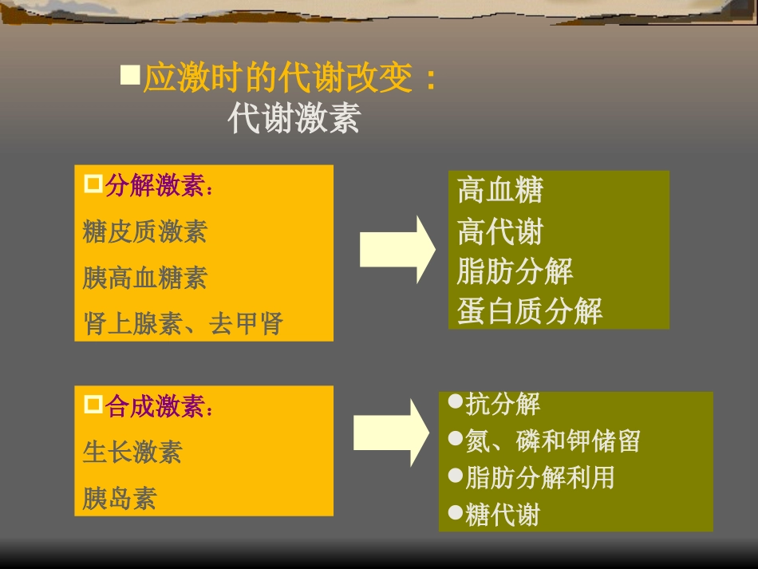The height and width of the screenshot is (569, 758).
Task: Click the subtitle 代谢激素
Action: (294, 119)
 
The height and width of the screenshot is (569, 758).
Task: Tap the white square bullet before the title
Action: (129, 76)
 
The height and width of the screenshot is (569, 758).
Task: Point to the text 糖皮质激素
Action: (145, 231)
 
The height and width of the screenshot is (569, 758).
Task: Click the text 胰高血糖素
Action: (145, 278)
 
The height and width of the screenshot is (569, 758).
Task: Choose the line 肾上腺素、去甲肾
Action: (184, 323)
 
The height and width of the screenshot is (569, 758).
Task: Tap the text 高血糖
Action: (500, 191)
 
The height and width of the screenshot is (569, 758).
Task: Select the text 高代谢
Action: (500, 232)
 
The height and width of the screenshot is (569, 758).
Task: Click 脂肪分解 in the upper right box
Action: (515, 271)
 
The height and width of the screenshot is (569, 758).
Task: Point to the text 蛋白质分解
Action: (530, 311)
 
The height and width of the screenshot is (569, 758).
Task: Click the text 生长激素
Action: (132, 452)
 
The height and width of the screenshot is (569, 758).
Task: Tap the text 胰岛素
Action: (120, 498)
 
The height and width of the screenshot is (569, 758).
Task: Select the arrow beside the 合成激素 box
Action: (391, 433)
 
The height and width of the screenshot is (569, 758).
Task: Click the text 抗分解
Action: (503, 404)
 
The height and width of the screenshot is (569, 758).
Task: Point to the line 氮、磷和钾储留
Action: (553, 441)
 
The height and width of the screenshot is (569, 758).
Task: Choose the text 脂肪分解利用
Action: (540, 477)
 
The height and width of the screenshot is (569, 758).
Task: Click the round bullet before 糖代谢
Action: (456, 513)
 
